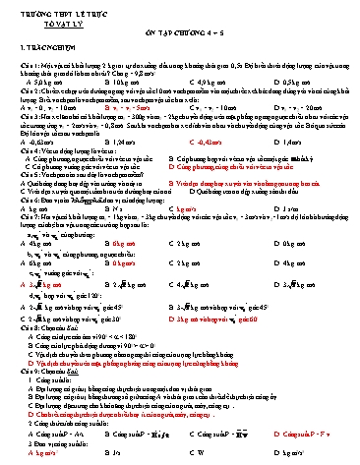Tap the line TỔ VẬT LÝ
pyautogui.click(x=59, y=18)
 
